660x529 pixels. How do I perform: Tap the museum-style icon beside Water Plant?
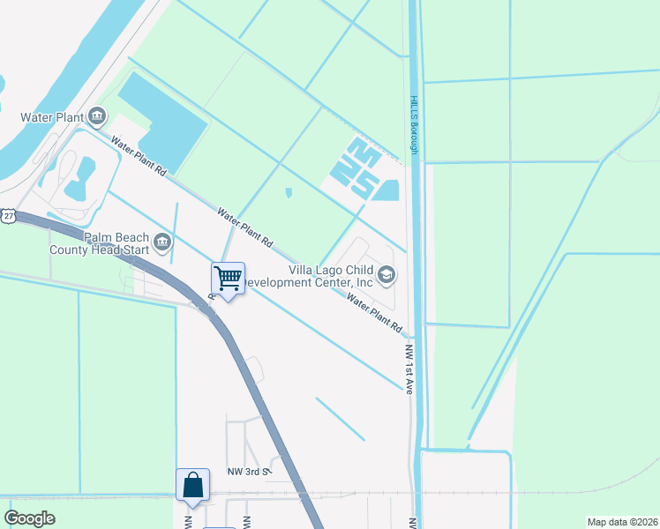[97, 116]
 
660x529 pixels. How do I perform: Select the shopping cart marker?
[229, 279]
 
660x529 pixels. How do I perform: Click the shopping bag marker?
[193, 485]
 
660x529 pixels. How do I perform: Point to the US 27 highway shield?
[8, 216]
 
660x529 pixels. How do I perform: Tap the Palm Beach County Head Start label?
[117, 245]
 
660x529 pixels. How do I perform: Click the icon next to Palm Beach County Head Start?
[161, 242]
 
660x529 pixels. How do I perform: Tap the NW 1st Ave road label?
[409, 369]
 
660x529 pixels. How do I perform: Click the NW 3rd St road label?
[247, 473]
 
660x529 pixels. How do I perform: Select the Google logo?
[30, 518]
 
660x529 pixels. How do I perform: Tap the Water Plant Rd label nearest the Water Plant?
[139, 154]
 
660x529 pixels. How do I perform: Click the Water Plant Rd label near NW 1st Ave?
[374, 313]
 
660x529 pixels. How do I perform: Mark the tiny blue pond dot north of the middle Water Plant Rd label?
[289, 193]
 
